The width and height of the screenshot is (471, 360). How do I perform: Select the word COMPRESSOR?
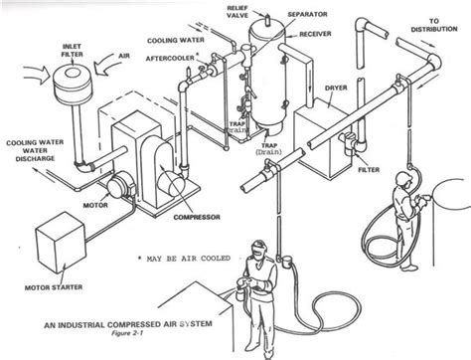click(x=197, y=218)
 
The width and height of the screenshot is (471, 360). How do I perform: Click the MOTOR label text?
click(x=95, y=205)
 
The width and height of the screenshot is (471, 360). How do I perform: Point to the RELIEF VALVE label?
click(x=237, y=12)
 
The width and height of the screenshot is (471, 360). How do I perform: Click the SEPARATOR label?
click(x=307, y=15)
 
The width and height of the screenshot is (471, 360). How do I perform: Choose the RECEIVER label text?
click(x=315, y=34)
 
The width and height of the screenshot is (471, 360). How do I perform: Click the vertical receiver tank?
click(x=267, y=76)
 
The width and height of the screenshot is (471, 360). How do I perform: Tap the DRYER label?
click(x=336, y=88)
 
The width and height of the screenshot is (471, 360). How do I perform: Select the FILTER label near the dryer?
click(x=369, y=170)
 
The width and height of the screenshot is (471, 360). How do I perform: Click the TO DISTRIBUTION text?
click(x=434, y=25)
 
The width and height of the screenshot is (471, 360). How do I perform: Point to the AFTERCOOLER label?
click(x=170, y=59)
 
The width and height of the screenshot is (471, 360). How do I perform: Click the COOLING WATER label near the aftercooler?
click(x=176, y=41)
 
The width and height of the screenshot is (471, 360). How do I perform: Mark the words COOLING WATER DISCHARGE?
click(x=35, y=150)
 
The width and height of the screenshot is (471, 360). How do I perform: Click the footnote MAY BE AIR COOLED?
click(x=189, y=259)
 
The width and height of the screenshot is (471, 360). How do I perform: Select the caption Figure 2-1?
click(x=127, y=333)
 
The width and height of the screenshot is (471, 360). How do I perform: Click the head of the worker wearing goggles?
click(x=258, y=250)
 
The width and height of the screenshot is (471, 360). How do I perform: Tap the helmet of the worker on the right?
click(x=403, y=177)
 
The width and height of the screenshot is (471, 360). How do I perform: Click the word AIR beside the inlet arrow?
click(x=124, y=56)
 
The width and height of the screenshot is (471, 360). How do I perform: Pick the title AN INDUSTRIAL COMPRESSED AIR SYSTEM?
click(x=128, y=324)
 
